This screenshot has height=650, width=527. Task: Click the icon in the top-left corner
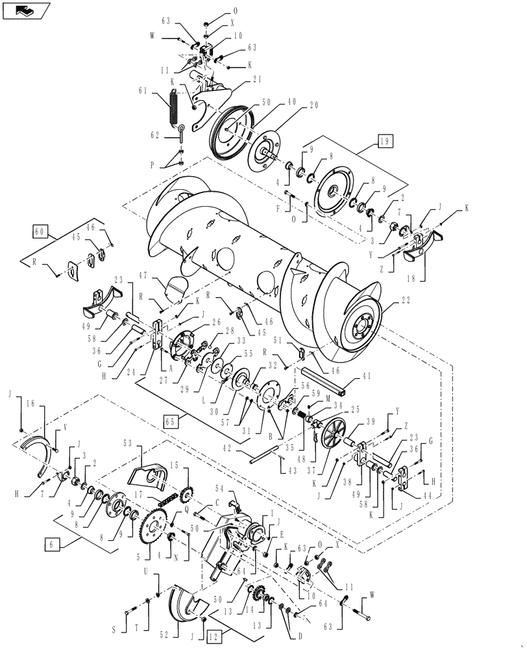point(25,10)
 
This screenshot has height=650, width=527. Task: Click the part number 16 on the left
point(31,404)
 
